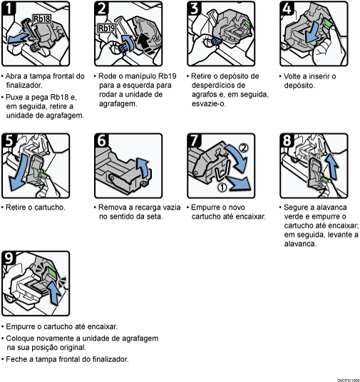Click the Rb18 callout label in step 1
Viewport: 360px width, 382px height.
click(41, 19)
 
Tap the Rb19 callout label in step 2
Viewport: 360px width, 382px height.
click(106, 28)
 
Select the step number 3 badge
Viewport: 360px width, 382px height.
click(194, 8)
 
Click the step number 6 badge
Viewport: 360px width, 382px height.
click(101, 140)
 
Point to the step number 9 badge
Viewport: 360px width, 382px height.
click(9, 258)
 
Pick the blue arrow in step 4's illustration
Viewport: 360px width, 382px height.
click(312, 31)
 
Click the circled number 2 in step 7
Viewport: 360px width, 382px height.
click(244, 148)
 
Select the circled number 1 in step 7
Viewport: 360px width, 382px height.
click(222, 187)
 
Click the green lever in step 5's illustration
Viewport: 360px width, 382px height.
click(44, 175)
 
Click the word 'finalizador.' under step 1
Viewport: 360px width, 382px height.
click(24, 86)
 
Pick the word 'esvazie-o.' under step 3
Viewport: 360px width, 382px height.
click(209, 103)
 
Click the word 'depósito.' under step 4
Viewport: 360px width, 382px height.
click(299, 86)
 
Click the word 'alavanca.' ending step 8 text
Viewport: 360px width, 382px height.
click(300, 244)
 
